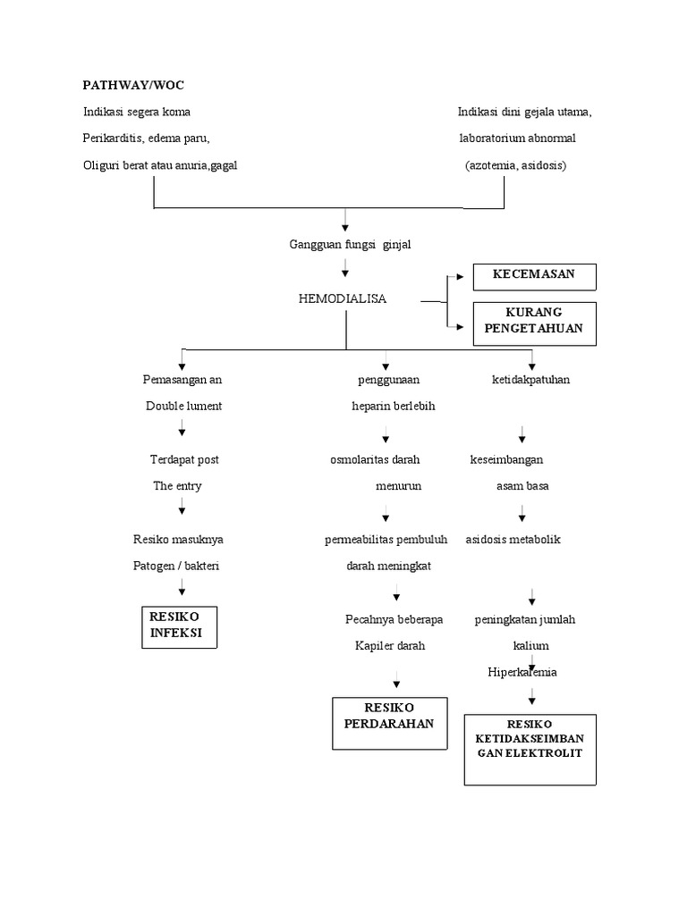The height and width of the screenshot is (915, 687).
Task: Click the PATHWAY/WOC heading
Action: click(133, 85)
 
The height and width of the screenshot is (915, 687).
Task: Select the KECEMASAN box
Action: click(534, 276)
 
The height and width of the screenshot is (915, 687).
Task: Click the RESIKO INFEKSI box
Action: click(179, 625)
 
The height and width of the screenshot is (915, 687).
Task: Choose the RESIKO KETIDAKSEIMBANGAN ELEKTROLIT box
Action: click(530, 749)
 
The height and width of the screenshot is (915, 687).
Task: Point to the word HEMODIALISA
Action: click(343, 298)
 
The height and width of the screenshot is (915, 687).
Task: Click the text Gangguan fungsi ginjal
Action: click(350, 245)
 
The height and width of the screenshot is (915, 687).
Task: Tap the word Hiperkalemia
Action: click(522, 672)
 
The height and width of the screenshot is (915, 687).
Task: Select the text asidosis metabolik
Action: click(513, 540)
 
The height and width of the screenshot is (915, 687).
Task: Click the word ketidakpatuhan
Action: click(531, 380)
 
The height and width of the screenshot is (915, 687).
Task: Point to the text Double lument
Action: click(183, 406)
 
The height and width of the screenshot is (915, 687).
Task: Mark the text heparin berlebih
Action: click(393, 406)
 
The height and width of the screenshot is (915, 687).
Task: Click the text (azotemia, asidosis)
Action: click(515, 166)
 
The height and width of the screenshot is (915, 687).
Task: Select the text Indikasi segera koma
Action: click(136, 113)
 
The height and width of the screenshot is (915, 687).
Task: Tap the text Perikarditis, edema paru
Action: click(146, 139)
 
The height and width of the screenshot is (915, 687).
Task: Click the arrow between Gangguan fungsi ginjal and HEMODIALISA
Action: click(345, 270)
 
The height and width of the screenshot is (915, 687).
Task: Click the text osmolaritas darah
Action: click(375, 459)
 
